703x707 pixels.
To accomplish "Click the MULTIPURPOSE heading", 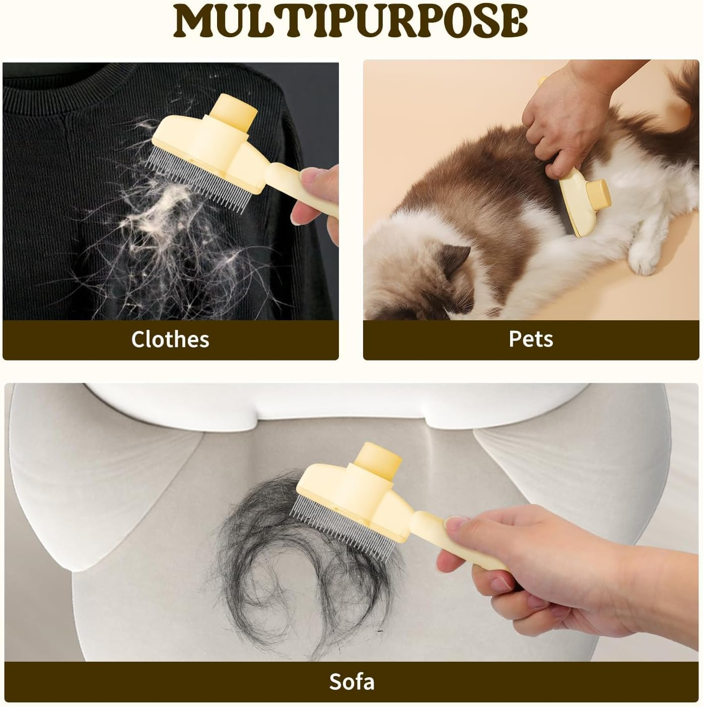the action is coord(350,21).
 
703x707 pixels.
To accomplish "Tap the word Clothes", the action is coord(170,339).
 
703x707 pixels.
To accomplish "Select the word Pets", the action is coord(531,339).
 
